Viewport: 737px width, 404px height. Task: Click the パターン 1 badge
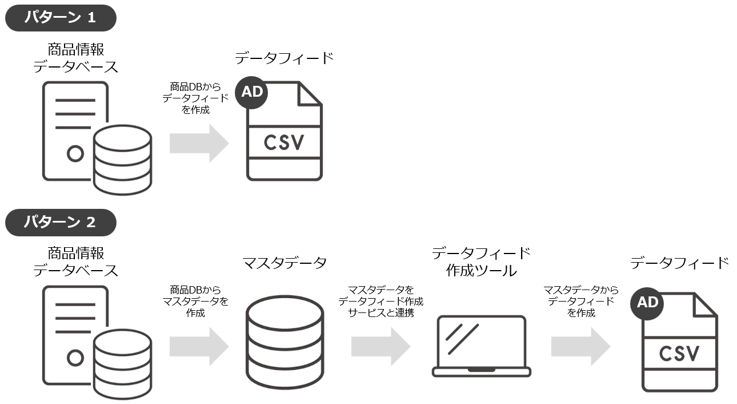coord(61,17)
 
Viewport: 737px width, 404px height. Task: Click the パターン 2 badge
coord(61,223)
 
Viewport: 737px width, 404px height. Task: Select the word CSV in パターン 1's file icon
coord(284,142)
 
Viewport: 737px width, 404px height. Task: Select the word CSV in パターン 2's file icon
coord(679,353)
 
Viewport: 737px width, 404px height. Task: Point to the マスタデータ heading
coord(285,263)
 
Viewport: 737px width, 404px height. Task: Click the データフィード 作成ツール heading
coord(481,262)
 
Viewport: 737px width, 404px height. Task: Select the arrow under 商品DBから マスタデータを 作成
coord(199,346)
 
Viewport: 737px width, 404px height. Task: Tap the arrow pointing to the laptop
coord(381,346)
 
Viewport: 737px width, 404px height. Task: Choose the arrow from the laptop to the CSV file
coord(580,346)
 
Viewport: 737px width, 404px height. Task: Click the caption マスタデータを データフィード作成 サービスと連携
coord(381,302)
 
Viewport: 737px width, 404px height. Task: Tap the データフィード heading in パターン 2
coord(680,263)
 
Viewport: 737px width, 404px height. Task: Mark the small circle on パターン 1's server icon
coord(75,153)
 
